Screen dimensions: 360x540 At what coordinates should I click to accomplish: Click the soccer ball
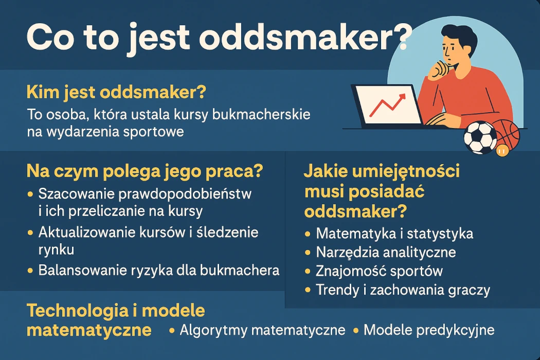click(x=480, y=137)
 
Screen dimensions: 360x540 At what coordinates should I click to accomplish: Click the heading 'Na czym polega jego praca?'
click(x=144, y=171)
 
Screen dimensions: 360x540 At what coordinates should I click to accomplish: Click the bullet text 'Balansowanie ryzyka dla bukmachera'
click(x=159, y=270)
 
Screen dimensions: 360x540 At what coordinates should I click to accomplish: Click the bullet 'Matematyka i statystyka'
click(x=394, y=233)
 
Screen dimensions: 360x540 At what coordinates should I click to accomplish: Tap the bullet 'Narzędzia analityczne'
click(x=386, y=252)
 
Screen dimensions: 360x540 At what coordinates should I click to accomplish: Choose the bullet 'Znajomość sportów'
click(x=379, y=271)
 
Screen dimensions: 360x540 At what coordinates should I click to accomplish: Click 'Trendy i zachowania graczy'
click(x=403, y=290)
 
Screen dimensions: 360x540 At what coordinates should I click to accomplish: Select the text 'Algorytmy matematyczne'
click(x=262, y=330)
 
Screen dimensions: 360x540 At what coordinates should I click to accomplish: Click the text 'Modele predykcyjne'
click(x=429, y=330)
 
